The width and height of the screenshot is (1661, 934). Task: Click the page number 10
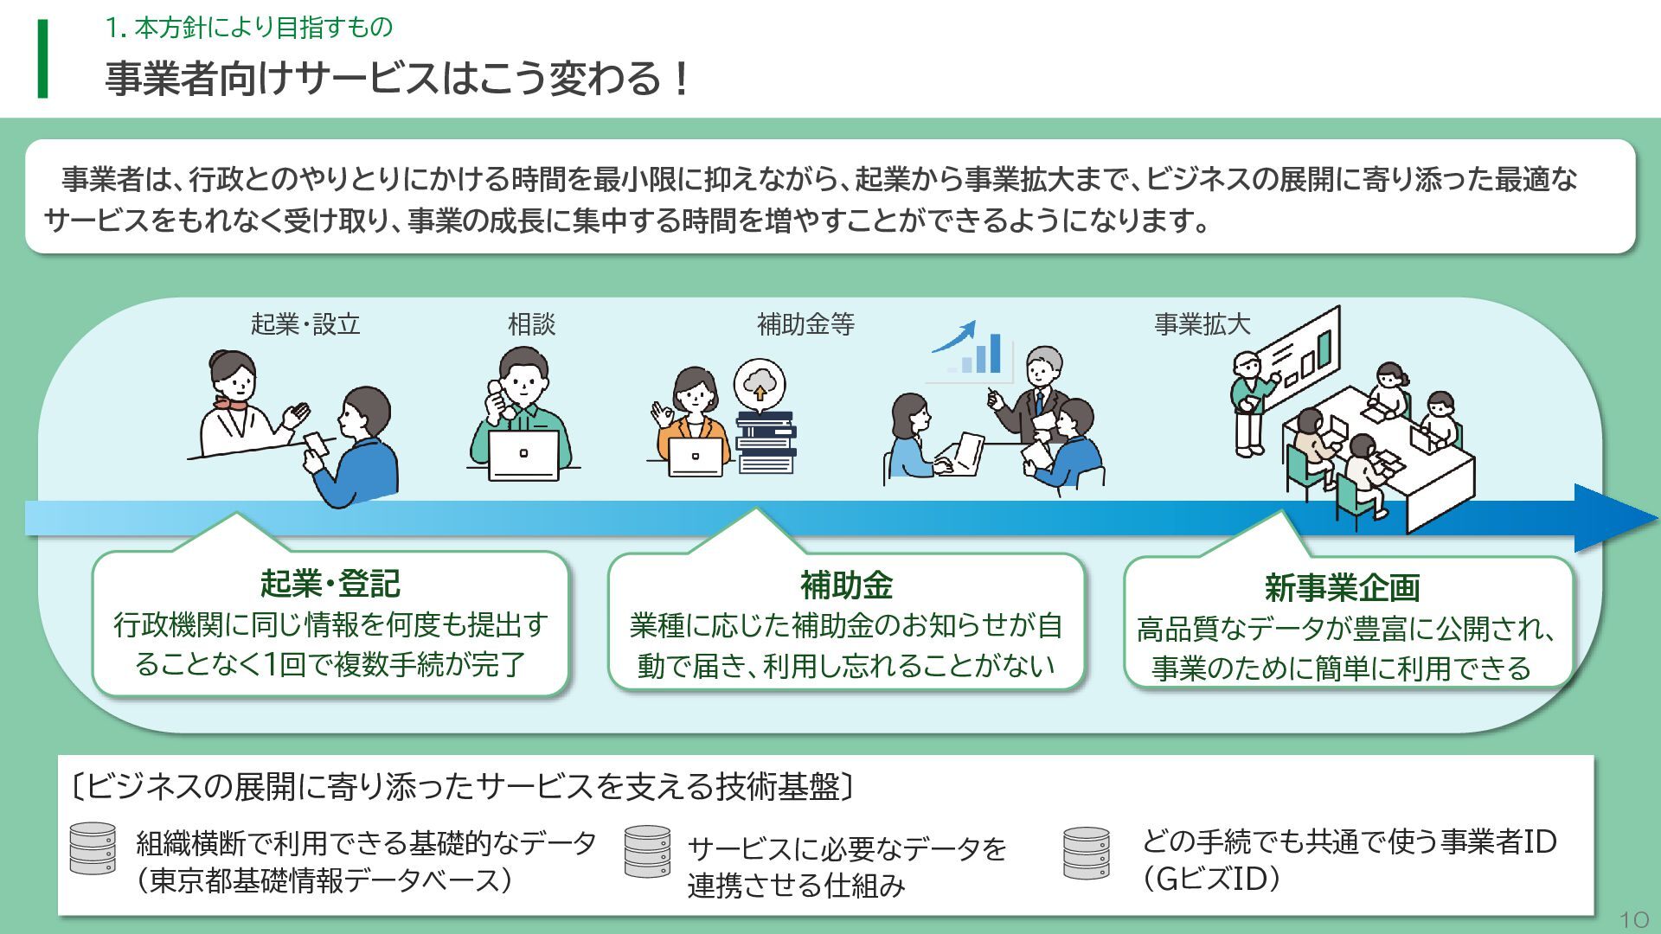(1633, 918)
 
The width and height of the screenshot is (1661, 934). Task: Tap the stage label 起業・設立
(305, 324)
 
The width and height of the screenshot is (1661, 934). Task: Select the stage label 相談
(531, 324)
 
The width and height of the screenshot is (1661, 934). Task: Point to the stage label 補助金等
(805, 324)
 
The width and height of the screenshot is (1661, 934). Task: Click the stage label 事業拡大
(1202, 324)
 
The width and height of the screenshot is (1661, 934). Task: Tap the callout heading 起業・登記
(330, 584)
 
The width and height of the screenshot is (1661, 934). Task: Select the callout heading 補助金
(846, 585)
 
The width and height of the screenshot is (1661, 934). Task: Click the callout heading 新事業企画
(1342, 588)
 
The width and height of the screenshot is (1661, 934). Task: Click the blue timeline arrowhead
(1613, 518)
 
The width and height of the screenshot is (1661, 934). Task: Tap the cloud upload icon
(760, 383)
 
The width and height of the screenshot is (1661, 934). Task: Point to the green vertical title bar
(42, 59)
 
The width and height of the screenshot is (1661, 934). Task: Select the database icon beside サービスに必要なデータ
(647, 852)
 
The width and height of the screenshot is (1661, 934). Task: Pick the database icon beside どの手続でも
(1087, 854)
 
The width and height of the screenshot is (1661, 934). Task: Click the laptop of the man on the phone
(523, 455)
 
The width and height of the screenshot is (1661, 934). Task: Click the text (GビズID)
(1211, 880)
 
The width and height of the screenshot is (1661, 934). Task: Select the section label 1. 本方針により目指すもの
(249, 28)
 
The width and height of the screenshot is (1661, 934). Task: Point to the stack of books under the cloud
(766, 442)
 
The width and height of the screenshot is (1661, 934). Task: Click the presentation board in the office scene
(1299, 351)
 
